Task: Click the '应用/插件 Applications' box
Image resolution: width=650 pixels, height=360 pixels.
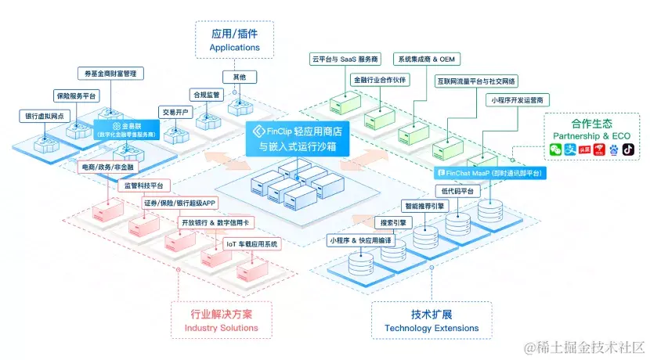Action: pos(235,40)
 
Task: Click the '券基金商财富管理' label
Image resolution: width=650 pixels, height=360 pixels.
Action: pos(110,74)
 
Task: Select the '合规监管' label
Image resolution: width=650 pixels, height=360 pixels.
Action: pos(207,94)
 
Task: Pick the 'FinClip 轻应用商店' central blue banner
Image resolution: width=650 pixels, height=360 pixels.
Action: pos(291,139)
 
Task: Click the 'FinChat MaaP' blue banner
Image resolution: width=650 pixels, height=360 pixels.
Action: pos(489,172)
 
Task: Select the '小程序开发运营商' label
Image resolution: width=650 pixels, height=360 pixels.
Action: pos(518,100)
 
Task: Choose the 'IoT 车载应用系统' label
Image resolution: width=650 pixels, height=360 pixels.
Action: pos(251,243)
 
